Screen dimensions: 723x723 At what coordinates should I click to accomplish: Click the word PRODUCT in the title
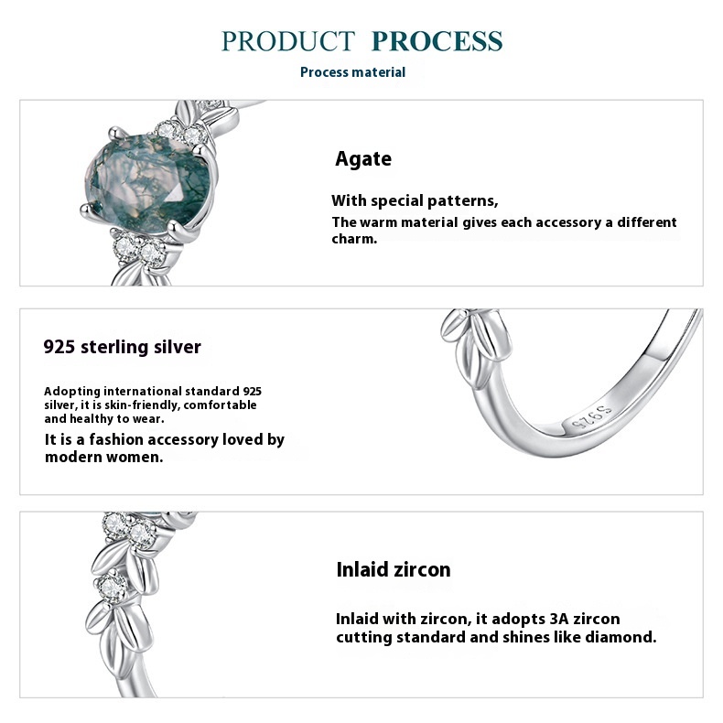point(288,41)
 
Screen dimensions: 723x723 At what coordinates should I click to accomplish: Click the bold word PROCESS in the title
point(437,41)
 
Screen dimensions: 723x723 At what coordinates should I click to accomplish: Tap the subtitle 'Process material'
point(352,72)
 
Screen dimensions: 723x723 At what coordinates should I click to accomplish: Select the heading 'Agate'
point(363,159)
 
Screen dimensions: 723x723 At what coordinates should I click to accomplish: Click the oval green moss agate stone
point(148,181)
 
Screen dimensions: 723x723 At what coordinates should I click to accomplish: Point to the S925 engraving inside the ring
point(592,416)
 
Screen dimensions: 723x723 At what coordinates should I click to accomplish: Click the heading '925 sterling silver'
point(123,347)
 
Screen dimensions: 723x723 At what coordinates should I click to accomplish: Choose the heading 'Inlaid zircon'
point(394,569)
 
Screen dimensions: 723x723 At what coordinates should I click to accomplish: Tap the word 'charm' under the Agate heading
point(352,239)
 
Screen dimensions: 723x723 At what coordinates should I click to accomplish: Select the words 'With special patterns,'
point(415,201)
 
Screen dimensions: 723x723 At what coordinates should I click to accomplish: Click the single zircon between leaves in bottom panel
point(112,587)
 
